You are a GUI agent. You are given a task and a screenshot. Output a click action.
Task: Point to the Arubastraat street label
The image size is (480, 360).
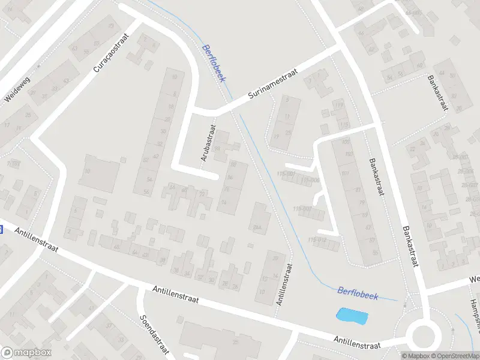coord(208,142)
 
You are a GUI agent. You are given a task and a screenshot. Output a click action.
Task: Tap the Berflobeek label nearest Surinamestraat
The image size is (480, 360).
coord(213,60)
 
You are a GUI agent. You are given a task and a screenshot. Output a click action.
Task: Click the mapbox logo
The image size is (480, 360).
coord(26,353)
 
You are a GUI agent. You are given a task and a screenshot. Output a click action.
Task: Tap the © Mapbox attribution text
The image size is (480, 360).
coord(416,356)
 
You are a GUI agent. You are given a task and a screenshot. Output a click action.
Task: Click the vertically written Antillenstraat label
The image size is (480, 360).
coord(284,284)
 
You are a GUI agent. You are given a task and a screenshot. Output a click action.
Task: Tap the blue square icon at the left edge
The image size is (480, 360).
coord(1,229)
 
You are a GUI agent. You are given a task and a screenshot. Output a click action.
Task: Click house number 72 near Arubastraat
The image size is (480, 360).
coord(202,194)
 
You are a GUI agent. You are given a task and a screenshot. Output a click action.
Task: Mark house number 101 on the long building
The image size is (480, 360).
coord(345,174)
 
